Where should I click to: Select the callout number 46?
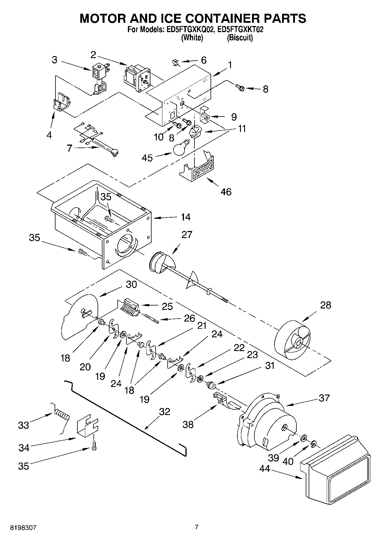[226, 192]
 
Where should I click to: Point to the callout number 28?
[326, 305]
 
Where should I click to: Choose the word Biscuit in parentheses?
[240, 38]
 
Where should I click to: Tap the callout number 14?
[185, 217]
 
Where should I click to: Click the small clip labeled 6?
[175, 62]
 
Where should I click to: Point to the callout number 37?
[324, 398]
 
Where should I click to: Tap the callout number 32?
[164, 411]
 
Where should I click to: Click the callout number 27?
[187, 234]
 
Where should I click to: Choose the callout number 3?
[55, 60]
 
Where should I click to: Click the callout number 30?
[131, 284]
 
